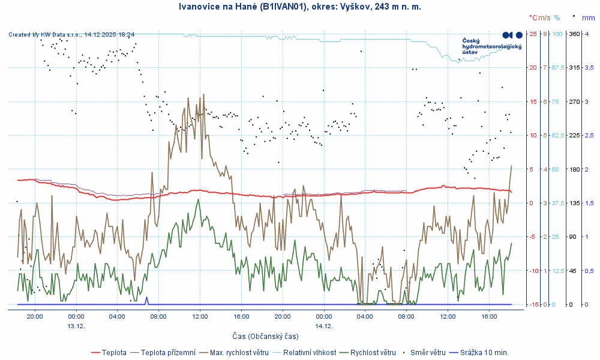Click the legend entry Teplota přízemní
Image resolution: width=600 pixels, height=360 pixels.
coord(167,352)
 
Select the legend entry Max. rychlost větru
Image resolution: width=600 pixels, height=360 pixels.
coord(239,352)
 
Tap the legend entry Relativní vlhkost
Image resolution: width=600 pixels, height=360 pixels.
coord(308,352)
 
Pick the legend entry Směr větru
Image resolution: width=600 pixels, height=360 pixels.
coord(428,352)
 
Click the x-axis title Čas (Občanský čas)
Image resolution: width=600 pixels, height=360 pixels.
coord(265,336)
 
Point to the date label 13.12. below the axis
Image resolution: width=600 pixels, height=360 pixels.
coord(76,326)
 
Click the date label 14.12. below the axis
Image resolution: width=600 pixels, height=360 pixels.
coord(323,326)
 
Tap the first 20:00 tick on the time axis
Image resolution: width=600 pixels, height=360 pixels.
coord(35,316)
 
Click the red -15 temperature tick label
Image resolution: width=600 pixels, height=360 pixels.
coord(532,305)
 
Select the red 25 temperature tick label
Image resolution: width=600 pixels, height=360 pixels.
coord(533,34)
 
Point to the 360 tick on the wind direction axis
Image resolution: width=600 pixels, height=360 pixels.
coord(574,34)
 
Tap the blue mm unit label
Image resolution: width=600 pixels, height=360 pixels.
coord(588,17)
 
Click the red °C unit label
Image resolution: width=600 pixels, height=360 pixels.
coord(533,17)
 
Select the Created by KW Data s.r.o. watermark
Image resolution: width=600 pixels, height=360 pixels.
coord(71,35)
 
